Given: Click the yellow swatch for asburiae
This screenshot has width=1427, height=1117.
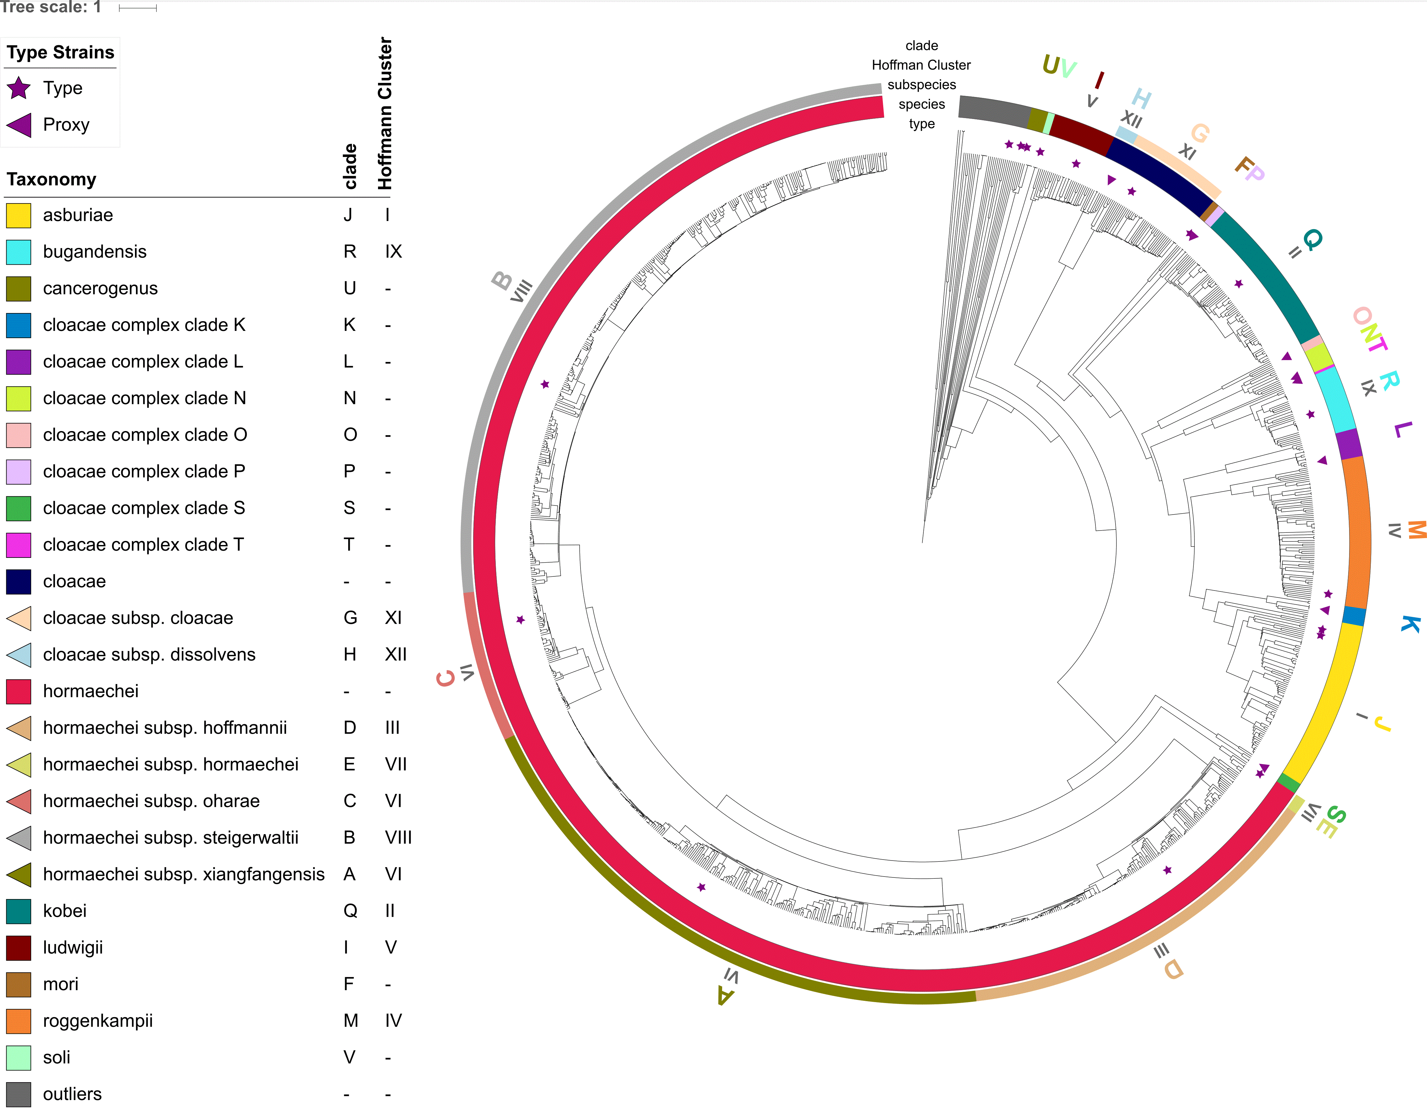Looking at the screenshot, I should click(x=18, y=215).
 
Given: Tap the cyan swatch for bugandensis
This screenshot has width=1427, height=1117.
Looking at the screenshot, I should click(x=18, y=252).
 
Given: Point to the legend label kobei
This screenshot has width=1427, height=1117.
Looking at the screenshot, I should click(x=65, y=911).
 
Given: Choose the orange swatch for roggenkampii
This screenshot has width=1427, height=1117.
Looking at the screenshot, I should click(x=18, y=1021).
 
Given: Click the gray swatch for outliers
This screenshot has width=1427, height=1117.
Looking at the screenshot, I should click(x=18, y=1094).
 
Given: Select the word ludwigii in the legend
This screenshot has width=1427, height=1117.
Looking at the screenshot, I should click(x=73, y=947).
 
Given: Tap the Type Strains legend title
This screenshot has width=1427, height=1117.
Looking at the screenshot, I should click(x=60, y=52).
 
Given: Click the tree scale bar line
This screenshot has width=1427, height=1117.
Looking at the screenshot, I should click(x=138, y=8).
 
